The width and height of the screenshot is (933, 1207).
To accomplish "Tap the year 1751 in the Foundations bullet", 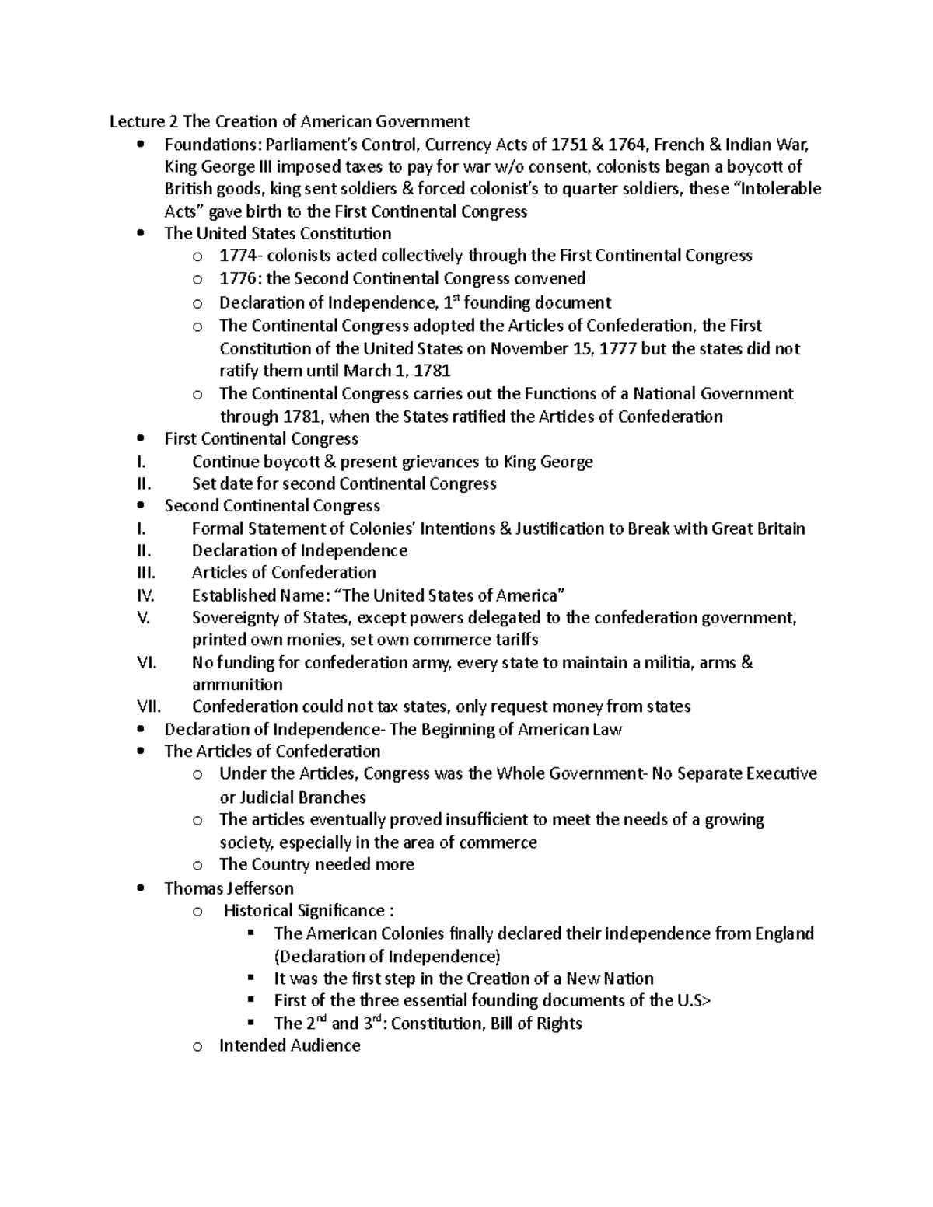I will pos(570,145).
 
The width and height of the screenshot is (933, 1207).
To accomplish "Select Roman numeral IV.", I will pos(145,595).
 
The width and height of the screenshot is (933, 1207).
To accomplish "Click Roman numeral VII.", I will pos(148,706).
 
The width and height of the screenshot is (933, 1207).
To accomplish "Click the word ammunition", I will pos(237,685).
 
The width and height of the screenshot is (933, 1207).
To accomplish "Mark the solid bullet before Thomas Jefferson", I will pos(140,888).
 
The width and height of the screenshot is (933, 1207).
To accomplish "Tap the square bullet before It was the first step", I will pos(250,979).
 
